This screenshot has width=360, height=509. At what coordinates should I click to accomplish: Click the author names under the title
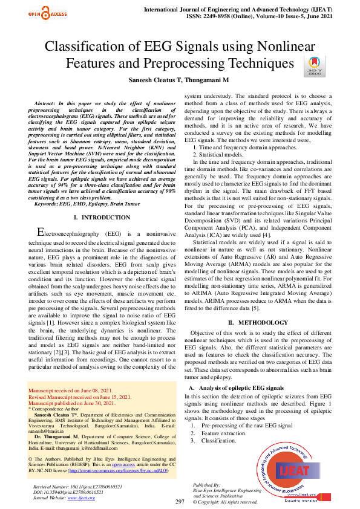pos(179,79)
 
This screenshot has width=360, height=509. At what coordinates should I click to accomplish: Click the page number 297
pos(180,502)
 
